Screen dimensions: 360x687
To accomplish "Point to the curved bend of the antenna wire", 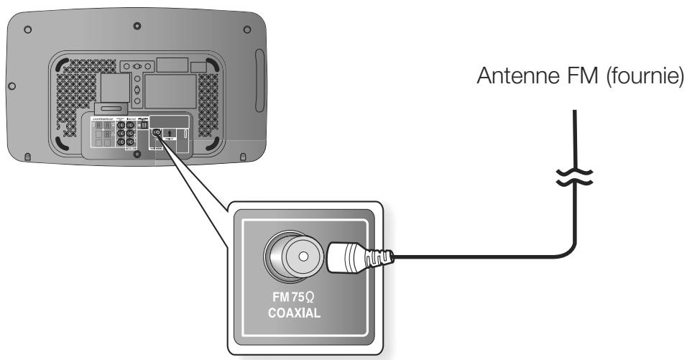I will click(x=568, y=248).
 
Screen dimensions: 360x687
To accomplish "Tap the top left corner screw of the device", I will click(x=27, y=31).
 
